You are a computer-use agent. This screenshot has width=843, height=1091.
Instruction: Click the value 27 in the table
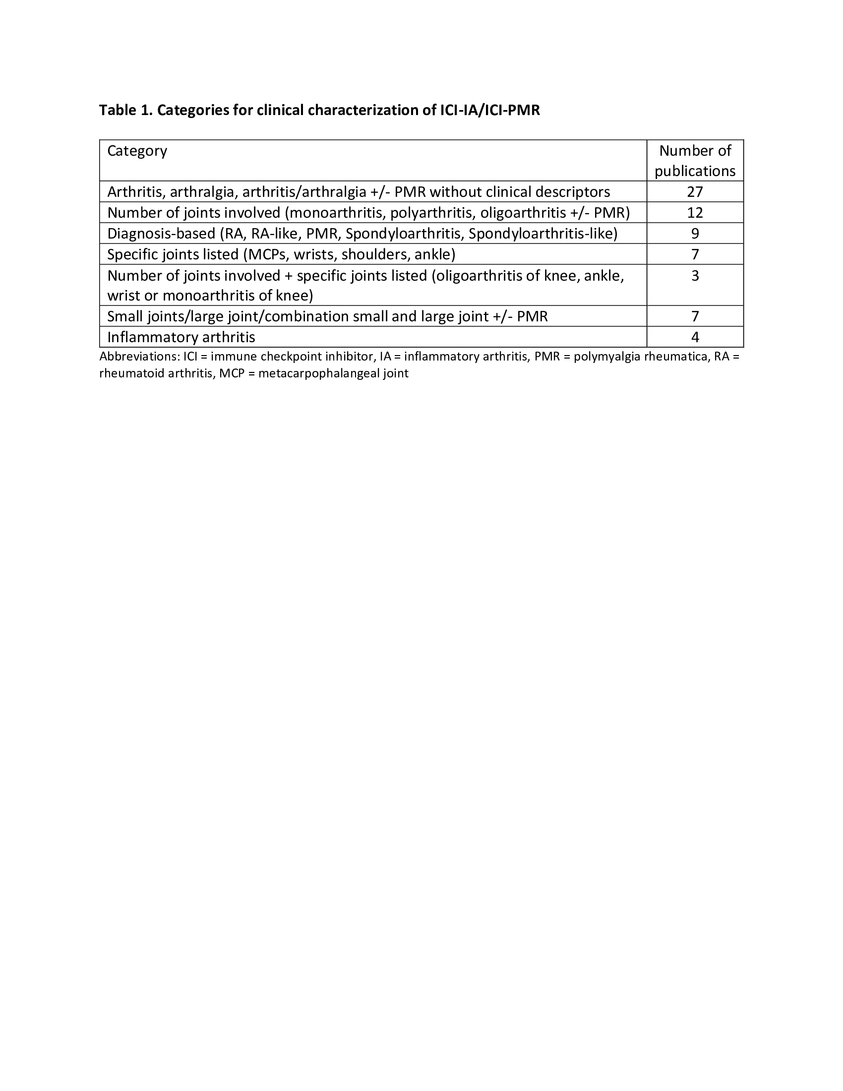tap(695, 192)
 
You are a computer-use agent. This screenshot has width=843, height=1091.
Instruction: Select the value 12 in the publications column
tap(695, 213)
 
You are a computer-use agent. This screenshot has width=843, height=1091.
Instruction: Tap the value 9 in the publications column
tap(695, 234)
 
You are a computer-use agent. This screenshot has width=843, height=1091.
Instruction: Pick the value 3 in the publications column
tap(695, 276)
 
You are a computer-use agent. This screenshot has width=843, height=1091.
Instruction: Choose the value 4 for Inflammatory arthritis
tap(695, 337)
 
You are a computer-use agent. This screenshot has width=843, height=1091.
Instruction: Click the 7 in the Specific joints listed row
tap(695, 255)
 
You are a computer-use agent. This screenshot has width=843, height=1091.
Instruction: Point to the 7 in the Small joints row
tap(695, 317)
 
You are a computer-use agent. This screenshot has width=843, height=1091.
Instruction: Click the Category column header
tap(137, 151)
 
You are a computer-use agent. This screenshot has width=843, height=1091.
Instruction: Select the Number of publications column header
tap(695, 161)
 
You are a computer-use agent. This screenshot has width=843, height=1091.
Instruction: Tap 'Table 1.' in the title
tap(125, 111)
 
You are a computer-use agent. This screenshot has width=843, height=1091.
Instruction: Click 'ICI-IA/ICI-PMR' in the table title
tap(489, 111)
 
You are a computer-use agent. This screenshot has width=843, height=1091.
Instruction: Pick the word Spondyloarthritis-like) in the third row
tap(543, 234)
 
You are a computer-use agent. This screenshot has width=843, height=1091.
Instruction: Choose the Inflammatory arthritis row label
tap(181, 337)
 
